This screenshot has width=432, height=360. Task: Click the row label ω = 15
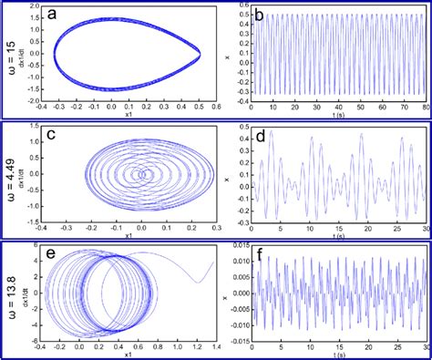(x=11, y=57)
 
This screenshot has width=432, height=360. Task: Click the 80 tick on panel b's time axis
(x=425, y=109)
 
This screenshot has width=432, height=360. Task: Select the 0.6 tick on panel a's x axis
(x=216, y=108)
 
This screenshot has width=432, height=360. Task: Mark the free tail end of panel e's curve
(x=212, y=263)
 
